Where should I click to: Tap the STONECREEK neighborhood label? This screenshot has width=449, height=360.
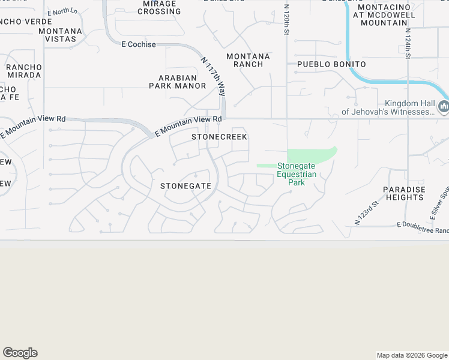coord(219,137)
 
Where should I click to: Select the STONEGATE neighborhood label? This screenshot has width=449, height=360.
coord(185,186)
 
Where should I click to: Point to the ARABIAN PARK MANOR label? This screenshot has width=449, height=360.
coord(178,82)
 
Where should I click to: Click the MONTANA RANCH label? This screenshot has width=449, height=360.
coord(248,60)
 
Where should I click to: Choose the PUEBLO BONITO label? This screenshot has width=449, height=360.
coord(331,64)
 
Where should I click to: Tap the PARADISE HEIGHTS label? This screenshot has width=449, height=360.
coord(404,193)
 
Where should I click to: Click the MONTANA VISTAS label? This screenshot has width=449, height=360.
coord(60,35)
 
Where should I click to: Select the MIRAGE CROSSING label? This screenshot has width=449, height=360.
coord(159,7)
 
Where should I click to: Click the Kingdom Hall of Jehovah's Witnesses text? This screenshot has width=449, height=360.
coord(388,107)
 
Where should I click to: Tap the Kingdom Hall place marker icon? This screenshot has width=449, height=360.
coord(444,107)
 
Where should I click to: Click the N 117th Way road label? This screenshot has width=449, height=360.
coord(214,77)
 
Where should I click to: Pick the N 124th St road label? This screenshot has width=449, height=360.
coord(408,43)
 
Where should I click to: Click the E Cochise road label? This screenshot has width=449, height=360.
coord(139,44)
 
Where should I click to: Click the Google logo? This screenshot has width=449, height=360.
coord(20,353)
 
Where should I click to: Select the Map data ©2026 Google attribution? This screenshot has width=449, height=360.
coord(412,355)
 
